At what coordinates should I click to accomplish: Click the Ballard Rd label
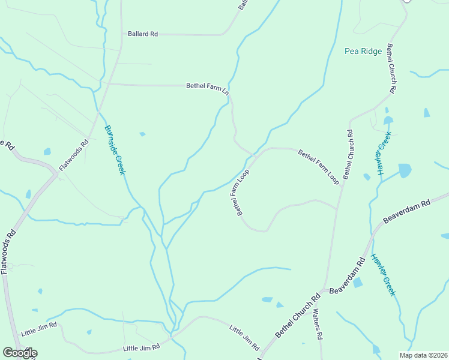[142, 34]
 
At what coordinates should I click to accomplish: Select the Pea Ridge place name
[363, 52]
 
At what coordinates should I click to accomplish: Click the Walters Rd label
[318, 328]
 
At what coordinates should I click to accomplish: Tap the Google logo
[20, 353]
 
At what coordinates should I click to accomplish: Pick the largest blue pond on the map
[405, 171]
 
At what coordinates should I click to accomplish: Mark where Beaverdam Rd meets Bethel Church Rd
[328, 290]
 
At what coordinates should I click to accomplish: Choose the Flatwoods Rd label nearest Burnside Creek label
[74, 155]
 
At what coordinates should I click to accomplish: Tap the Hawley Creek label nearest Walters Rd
[383, 274]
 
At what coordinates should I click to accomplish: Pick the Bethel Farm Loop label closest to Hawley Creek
[319, 167]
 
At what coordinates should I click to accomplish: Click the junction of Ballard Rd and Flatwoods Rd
[121, 34]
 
